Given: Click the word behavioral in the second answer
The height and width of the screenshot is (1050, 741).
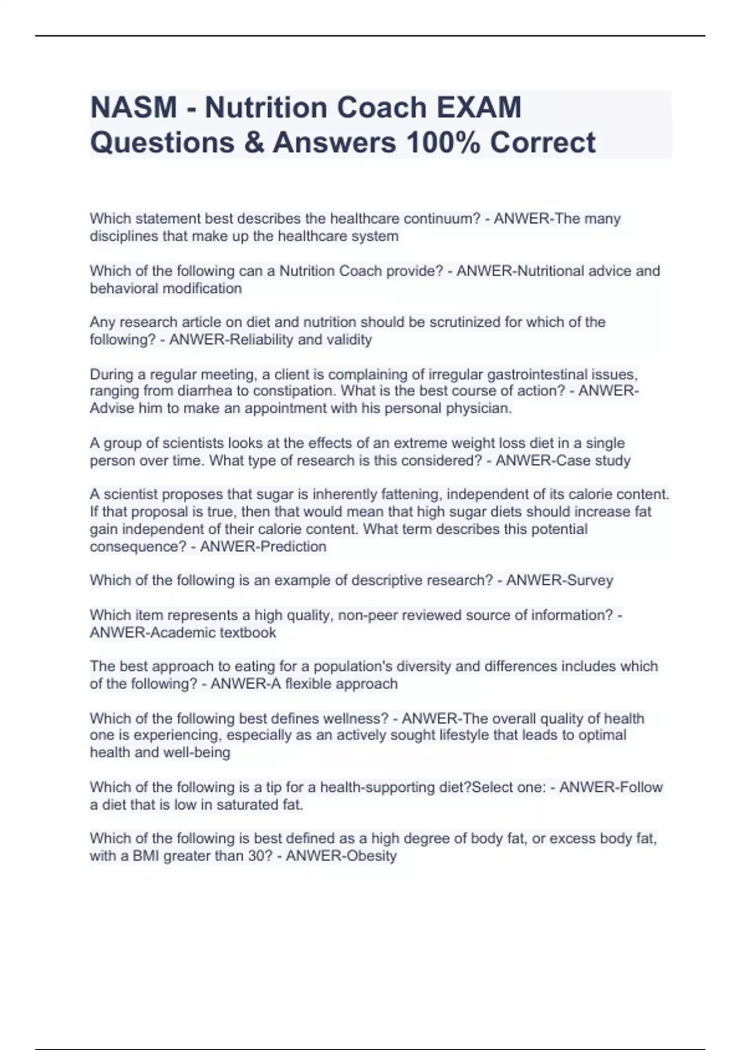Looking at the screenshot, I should point(126,288).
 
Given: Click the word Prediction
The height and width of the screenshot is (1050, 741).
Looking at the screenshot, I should point(294,547).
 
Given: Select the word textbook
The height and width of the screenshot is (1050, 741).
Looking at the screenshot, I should point(248,632).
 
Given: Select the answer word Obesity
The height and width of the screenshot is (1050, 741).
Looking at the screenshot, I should point(371,856).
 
